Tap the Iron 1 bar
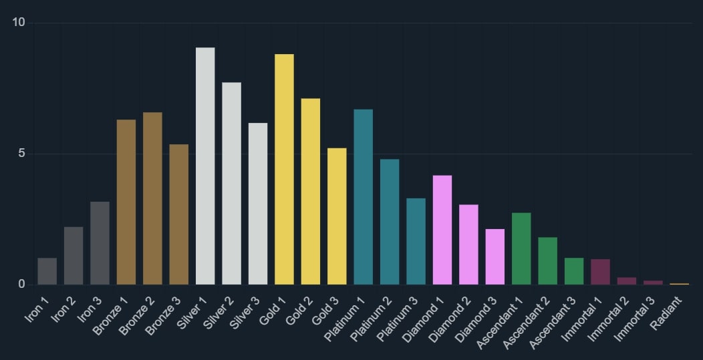tap(47, 271)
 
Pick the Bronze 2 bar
tap(152, 198)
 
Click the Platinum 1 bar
tap(363, 197)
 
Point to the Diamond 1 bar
tap(442, 230)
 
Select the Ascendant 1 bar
tap(521, 248)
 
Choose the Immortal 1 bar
tap(600, 272)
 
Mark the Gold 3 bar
tap(337, 216)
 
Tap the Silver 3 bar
tap(258, 204)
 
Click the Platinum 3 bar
tap(416, 241)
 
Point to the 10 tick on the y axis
tap(19, 23)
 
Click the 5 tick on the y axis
tap(21, 154)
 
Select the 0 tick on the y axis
tap(21, 285)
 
